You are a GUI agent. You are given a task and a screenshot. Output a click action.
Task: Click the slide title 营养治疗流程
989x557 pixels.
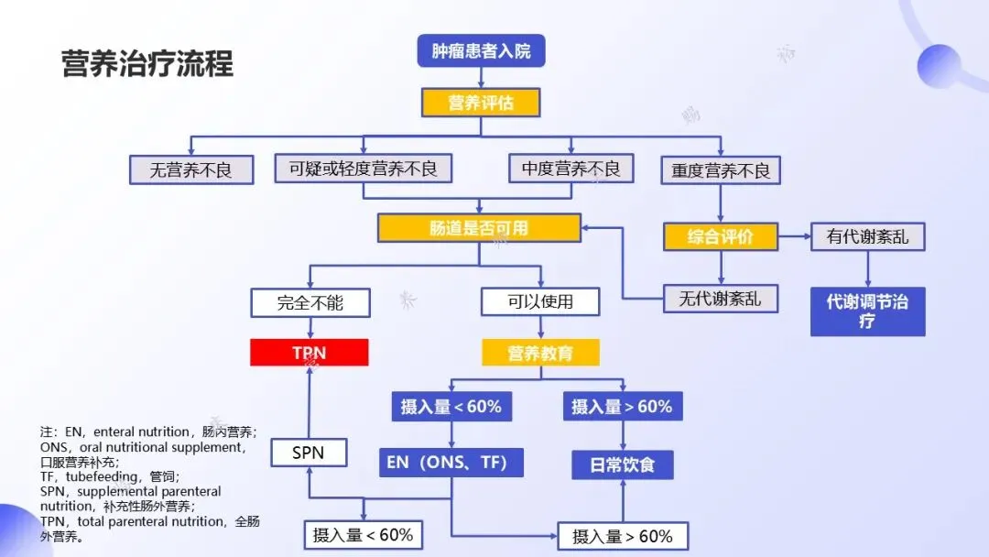tap(147, 64)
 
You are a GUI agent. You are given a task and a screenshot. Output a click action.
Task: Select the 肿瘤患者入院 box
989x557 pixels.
tap(481, 50)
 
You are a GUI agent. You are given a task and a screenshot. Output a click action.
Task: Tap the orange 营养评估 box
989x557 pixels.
tap(481, 103)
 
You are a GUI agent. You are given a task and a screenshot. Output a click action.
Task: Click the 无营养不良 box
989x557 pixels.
tap(191, 169)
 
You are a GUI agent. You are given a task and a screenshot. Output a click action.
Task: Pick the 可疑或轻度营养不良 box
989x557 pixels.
tap(364, 169)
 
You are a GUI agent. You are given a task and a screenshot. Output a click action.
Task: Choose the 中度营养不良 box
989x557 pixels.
tap(571, 169)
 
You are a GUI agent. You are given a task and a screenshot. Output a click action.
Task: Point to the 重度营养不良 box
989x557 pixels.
tap(721, 170)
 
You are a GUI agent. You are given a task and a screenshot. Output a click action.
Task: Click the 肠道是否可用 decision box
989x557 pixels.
tap(479, 227)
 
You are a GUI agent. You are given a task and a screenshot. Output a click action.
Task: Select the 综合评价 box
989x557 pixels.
tap(721, 236)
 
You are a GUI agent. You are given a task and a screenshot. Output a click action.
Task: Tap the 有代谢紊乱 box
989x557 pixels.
tap(867, 236)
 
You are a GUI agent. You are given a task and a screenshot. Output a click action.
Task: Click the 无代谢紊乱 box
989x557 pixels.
tap(720, 299)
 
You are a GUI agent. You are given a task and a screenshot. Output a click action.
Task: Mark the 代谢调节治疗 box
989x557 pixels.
tap(867, 311)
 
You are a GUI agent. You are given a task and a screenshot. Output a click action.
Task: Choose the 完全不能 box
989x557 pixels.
tap(310, 302)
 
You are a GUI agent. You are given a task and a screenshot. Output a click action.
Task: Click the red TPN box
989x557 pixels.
tap(310, 353)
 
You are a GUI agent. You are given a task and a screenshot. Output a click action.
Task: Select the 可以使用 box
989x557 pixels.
tap(540, 301)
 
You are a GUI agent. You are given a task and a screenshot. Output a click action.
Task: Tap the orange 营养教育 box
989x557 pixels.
tap(540, 353)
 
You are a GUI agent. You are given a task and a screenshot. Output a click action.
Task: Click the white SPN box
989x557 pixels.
tap(309, 453)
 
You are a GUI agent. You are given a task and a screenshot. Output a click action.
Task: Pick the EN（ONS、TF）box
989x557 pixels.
tap(451, 462)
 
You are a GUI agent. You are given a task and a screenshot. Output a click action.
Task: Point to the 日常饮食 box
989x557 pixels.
tap(622, 464)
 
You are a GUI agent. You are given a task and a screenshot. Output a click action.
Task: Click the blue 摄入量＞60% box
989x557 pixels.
tap(622, 407)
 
